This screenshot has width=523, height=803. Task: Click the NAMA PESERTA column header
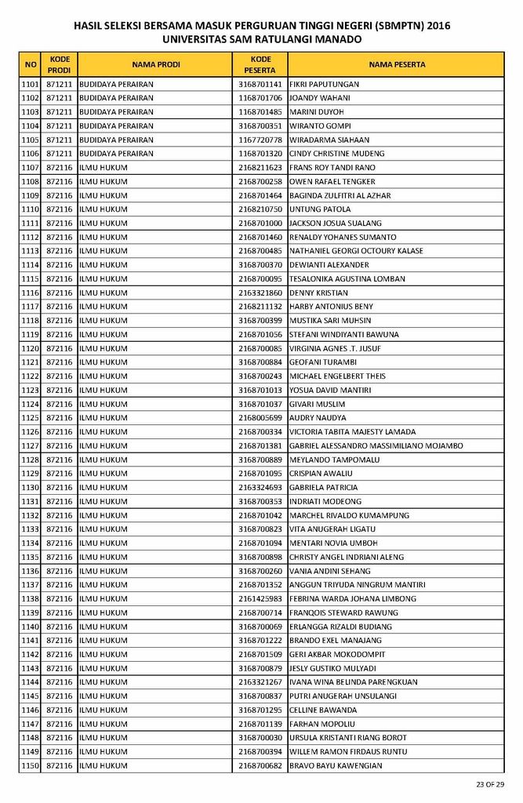click(x=397, y=64)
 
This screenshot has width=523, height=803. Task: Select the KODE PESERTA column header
click(x=261, y=64)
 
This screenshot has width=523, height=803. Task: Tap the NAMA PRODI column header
click(x=155, y=64)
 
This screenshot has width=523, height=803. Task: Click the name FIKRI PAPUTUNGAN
click(x=324, y=84)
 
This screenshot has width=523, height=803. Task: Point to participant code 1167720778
click(x=260, y=140)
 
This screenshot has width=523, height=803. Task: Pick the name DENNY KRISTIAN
click(x=318, y=292)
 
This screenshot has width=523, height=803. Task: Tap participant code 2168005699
click(x=260, y=418)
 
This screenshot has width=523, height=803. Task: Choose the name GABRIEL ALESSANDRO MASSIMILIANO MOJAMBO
click(x=376, y=445)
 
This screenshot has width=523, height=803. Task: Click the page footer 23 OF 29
click(x=490, y=784)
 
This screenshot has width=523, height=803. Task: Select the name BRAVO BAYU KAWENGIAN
click(x=336, y=765)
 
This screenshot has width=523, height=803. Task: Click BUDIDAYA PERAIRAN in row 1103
click(x=116, y=112)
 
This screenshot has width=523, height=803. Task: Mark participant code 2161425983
click(x=260, y=598)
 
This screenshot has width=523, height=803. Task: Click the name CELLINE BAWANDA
click(x=323, y=710)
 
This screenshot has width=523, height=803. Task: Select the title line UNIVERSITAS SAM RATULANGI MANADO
click(x=262, y=38)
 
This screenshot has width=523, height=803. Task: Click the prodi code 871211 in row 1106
click(x=60, y=154)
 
